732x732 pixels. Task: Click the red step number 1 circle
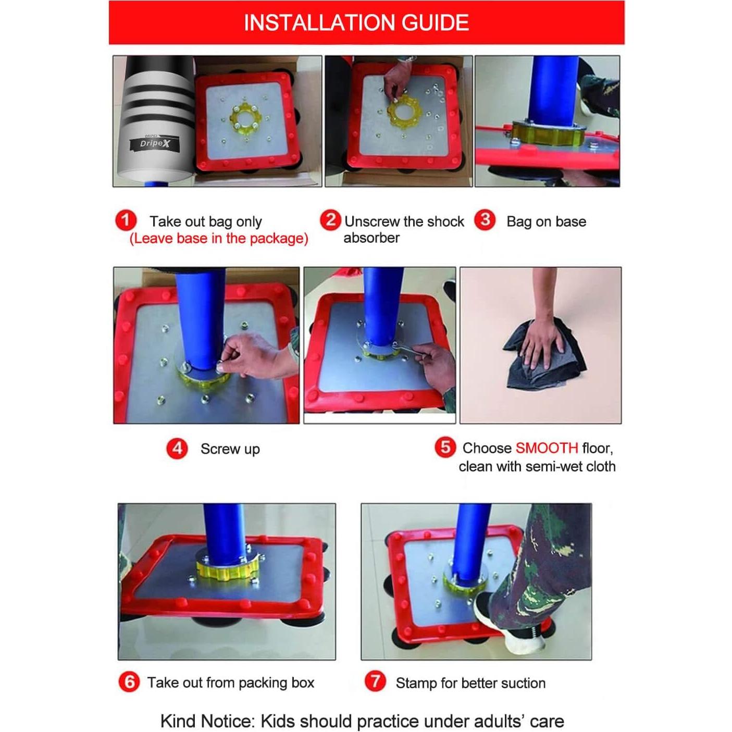click(126, 221)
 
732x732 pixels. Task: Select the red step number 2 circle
click(330, 220)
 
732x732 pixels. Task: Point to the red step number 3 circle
click(485, 220)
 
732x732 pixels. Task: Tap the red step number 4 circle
click(177, 449)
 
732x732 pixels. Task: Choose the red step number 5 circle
click(445, 447)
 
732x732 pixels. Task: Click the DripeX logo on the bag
click(155, 143)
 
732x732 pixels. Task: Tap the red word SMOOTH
click(547, 448)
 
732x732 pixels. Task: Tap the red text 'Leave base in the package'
click(219, 239)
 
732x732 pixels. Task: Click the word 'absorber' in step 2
click(371, 238)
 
